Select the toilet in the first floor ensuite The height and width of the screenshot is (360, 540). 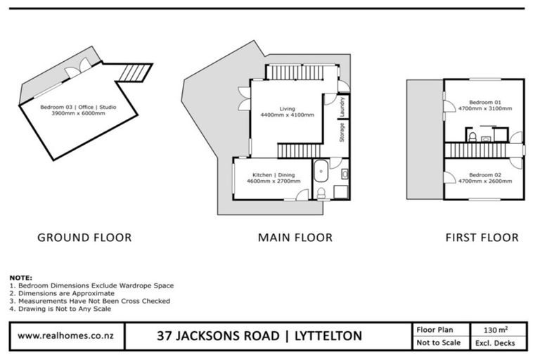(x=474, y=136)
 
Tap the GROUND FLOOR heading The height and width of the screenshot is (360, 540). (x=84, y=238)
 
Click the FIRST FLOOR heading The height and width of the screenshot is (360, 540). (x=482, y=238)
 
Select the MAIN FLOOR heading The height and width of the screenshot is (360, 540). (x=295, y=238)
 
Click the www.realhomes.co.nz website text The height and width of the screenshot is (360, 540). (x=67, y=335)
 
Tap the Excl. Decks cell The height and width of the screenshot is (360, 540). (x=496, y=342)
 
